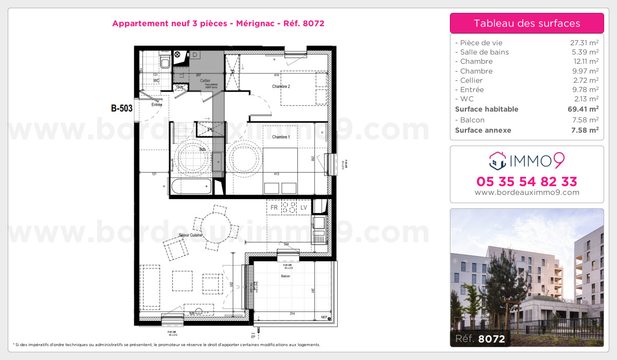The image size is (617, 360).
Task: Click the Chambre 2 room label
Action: (281, 86)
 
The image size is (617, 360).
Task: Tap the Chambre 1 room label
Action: (281, 137)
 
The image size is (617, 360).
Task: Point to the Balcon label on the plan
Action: (285, 276)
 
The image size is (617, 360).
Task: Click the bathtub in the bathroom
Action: (191, 187)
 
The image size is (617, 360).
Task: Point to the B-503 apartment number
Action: (122, 108)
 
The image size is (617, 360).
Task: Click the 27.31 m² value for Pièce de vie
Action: (580, 43)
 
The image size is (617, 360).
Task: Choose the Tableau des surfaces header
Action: (527, 23)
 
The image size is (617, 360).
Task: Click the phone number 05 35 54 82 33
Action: (527, 182)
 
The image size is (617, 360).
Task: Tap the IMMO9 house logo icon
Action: (497, 161)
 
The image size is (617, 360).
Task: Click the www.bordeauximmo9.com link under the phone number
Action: (527, 193)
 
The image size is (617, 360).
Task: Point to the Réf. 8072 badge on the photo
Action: (480, 338)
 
